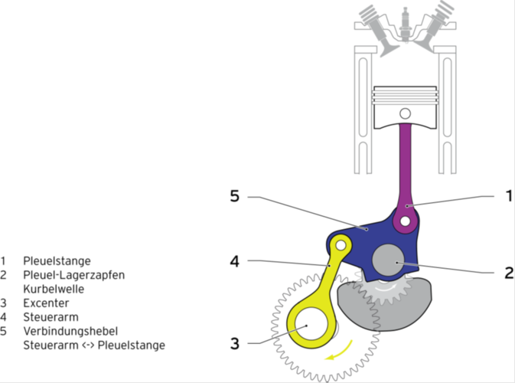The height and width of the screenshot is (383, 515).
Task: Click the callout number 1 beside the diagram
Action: (507, 196)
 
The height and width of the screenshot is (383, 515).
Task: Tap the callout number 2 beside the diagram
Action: (507, 272)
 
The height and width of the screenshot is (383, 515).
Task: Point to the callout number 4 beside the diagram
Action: (236, 261)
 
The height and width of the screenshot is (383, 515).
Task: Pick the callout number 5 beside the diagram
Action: (236, 197)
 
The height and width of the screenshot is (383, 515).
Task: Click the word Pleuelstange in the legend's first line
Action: (57, 260)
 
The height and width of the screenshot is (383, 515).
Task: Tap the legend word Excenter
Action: (44, 303)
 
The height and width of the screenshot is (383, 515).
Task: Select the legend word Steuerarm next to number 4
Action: (48, 316)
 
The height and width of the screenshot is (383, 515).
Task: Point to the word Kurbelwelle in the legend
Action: (54, 289)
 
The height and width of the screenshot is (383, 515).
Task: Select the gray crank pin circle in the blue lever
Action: (387, 260)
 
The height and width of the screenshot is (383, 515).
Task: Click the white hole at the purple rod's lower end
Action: (403, 221)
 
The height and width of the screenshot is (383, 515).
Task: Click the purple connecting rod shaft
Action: (403, 161)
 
